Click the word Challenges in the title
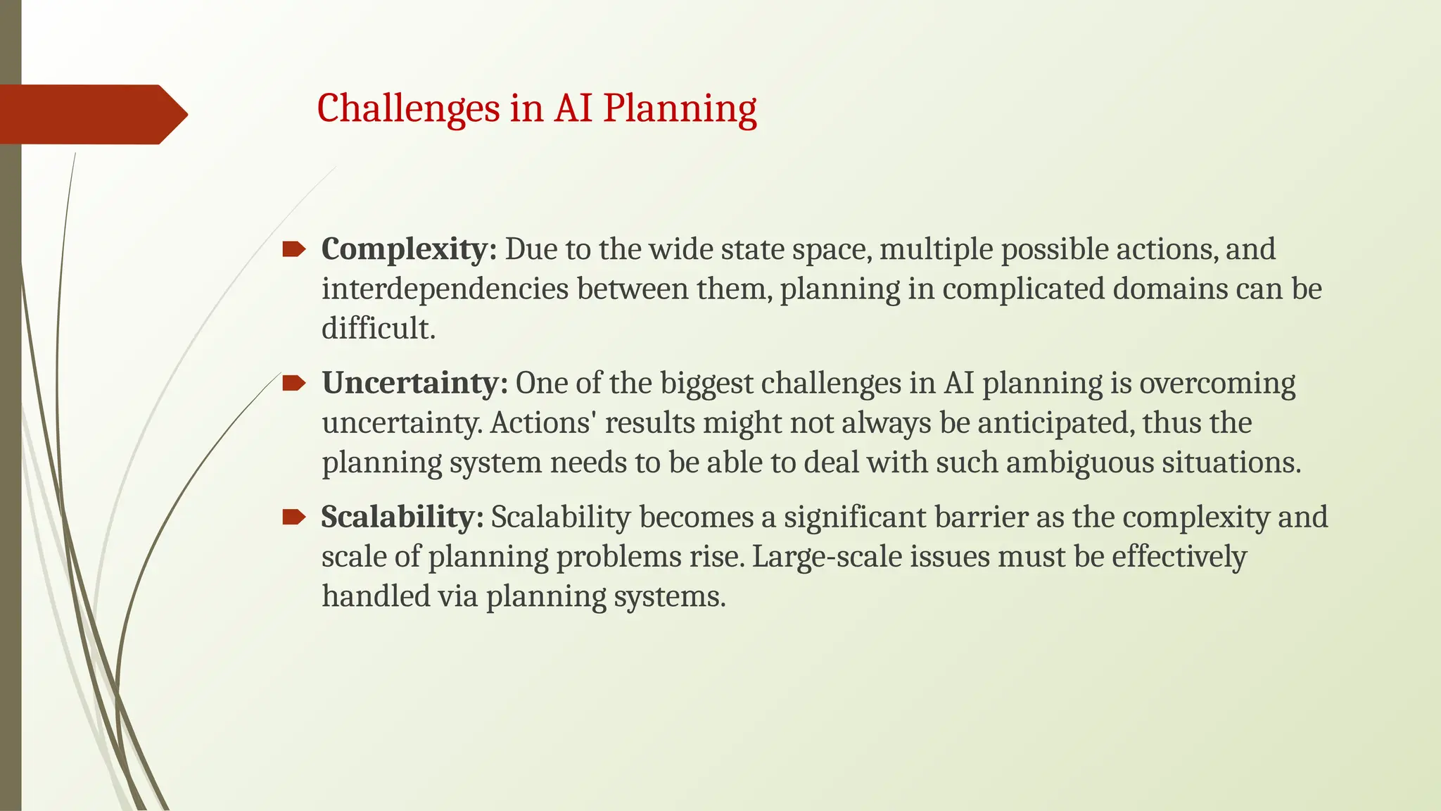[408, 109]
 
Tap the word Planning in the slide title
[680, 109]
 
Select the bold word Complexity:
[409, 249]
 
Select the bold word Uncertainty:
[414, 383]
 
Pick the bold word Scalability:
[402, 517]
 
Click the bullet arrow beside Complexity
[293, 249]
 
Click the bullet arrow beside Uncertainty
[293, 383]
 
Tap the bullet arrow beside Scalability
[293, 517]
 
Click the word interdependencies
[445, 289]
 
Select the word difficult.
[378, 329]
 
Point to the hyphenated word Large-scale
[827, 557]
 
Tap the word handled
[375, 596]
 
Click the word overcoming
[1217, 383]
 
